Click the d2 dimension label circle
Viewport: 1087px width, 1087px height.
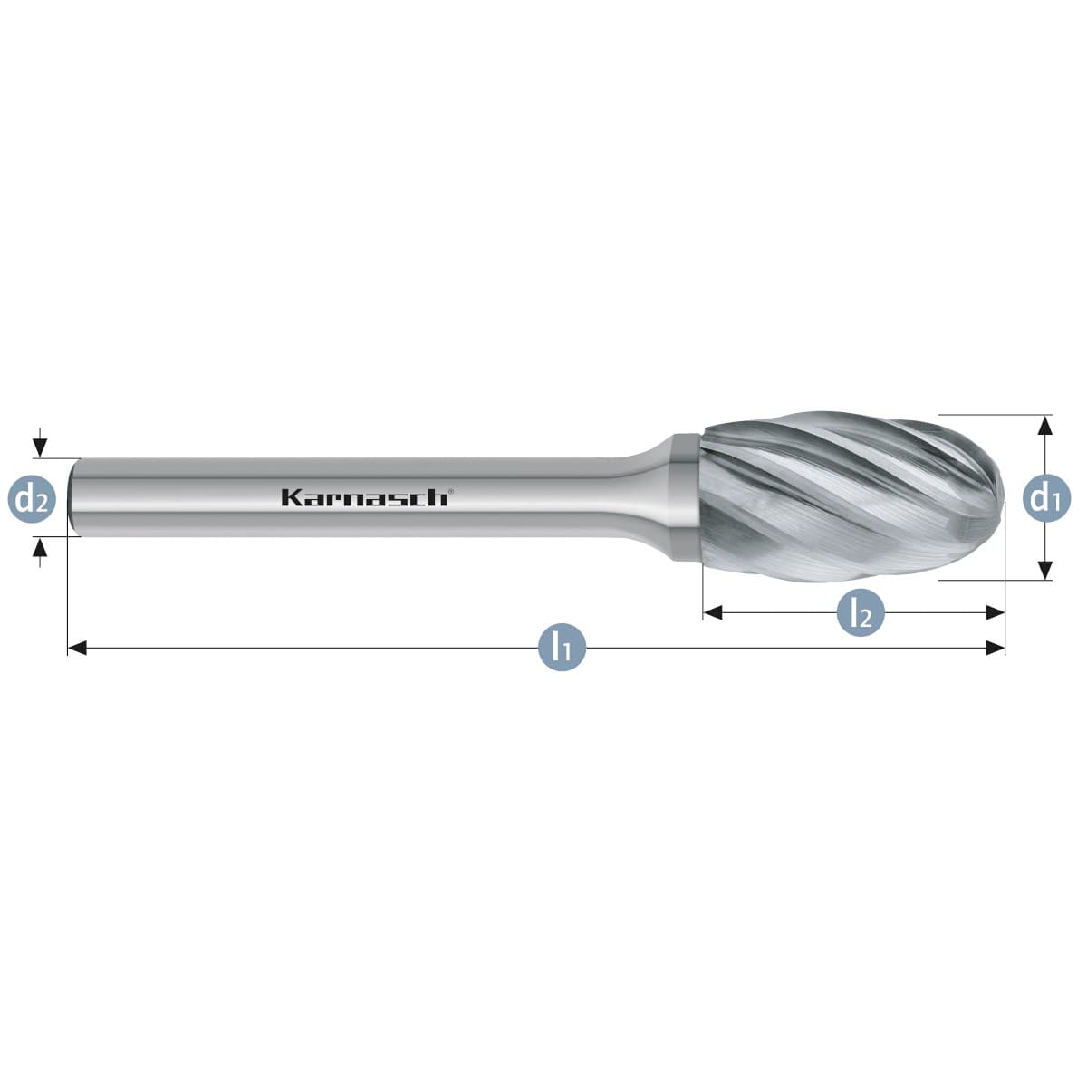(32, 499)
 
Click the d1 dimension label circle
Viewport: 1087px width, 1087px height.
(1046, 498)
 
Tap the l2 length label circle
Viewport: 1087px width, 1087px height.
(861, 612)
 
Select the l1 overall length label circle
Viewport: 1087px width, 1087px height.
(562, 648)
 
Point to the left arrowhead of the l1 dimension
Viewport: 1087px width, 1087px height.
(77, 648)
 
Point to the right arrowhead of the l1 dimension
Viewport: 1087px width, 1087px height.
(996, 648)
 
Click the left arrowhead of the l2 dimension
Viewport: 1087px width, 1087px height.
(713, 612)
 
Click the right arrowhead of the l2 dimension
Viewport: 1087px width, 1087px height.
(996, 612)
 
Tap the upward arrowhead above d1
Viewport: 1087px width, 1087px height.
(1045, 425)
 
